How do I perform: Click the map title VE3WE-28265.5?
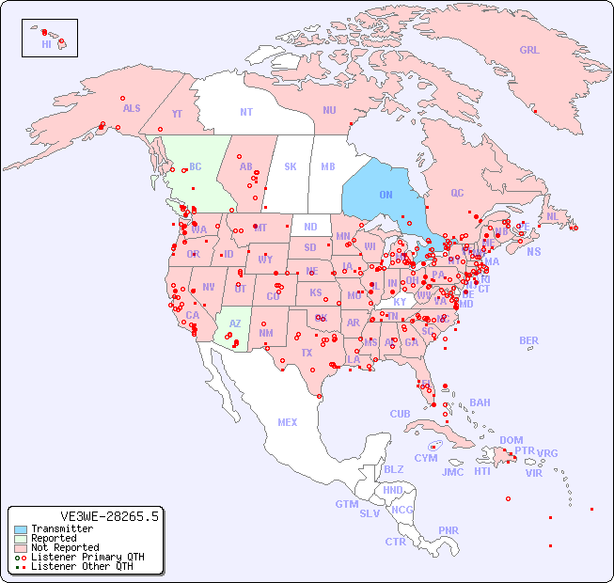(x=109, y=516)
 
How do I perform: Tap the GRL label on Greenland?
(x=529, y=51)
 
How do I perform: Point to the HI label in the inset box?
(x=46, y=44)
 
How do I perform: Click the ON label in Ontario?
(x=386, y=195)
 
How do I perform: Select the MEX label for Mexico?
(x=288, y=422)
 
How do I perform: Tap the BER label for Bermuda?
(x=528, y=340)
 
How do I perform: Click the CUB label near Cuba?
(x=401, y=414)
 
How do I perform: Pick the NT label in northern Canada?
(x=246, y=112)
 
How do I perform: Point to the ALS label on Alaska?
(x=132, y=108)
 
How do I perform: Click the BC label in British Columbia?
(x=196, y=167)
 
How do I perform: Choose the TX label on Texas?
(x=307, y=354)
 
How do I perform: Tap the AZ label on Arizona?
(x=235, y=323)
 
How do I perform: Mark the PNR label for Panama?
(x=449, y=530)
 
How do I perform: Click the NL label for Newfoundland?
(x=552, y=215)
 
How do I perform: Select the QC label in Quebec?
(x=457, y=193)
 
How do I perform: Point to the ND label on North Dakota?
(x=310, y=227)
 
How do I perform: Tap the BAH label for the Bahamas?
(x=480, y=402)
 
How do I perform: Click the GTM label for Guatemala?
(x=346, y=504)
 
